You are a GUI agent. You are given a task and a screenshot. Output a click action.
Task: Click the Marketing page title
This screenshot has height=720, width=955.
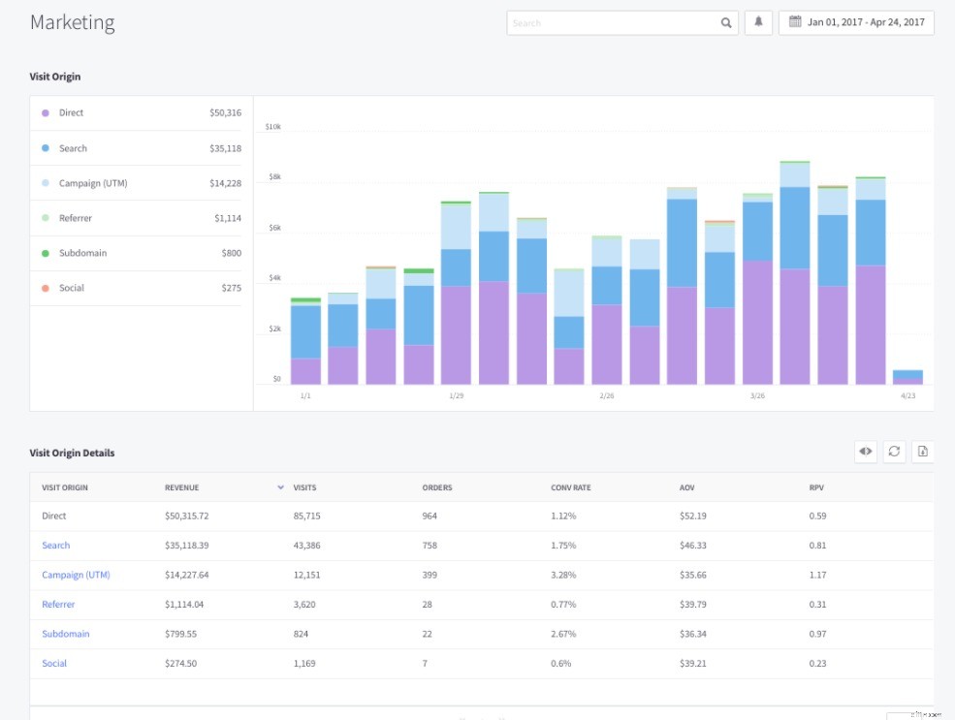(x=72, y=22)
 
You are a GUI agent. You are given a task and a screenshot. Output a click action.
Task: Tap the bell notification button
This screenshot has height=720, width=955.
(x=758, y=23)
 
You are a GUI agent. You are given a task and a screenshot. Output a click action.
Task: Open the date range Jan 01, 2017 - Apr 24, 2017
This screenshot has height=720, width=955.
(x=856, y=23)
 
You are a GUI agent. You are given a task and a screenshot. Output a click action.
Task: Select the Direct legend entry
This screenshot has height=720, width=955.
(x=71, y=113)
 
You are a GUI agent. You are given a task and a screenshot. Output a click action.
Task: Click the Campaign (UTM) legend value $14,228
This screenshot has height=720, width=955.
(x=225, y=183)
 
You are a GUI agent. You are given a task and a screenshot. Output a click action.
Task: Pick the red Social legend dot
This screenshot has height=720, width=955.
(x=46, y=289)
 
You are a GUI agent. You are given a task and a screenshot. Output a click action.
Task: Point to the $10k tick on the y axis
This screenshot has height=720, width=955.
(x=272, y=127)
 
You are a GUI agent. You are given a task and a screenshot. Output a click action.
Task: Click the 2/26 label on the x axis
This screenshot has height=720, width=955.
(x=607, y=396)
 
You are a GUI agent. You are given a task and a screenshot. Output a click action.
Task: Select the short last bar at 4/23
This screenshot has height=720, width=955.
(x=907, y=377)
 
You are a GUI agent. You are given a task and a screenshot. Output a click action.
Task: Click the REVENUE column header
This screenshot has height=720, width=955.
(x=181, y=487)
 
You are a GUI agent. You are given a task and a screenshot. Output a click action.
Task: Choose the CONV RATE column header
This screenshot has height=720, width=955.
(x=570, y=487)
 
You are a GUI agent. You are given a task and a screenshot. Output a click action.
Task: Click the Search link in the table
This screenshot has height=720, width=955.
(x=55, y=546)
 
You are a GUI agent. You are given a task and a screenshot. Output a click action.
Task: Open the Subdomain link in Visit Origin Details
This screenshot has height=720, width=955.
(x=65, y=634)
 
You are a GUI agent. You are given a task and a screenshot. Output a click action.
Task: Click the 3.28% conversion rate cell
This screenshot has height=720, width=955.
(x=563, y=575)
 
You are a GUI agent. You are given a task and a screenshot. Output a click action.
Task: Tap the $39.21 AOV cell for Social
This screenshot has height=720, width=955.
(x=692, y=663)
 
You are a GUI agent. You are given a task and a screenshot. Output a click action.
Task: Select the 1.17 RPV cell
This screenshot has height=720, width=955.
(x=817, y=575)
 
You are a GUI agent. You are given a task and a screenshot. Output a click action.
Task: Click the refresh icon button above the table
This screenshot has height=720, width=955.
(x=894, y=451)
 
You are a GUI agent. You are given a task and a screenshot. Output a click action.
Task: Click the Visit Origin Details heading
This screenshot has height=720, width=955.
(x=72, y=453)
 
